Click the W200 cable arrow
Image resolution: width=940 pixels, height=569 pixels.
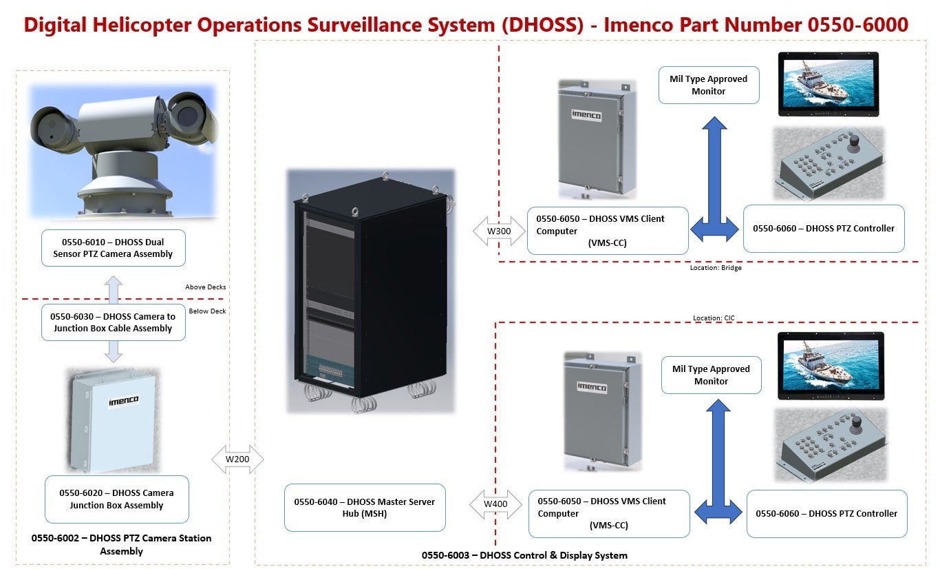coord(237,459)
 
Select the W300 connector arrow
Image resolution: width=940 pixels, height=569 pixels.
coord(499,231)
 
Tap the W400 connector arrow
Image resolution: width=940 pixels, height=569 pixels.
coord(495,504)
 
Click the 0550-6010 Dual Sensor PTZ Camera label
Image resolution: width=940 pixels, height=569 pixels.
coord(113,248)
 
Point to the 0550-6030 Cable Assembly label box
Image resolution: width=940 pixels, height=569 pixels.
coord(113,322)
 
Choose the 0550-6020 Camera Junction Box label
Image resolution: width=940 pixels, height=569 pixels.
coord(116,499)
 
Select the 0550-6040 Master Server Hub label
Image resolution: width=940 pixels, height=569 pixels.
coord(365,508)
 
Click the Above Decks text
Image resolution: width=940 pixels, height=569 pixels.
coord(205,287)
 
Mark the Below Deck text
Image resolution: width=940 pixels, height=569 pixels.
coord(207,311)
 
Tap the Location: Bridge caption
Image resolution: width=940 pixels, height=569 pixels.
coord(716,268)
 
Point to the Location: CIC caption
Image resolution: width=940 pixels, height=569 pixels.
coord(713,318)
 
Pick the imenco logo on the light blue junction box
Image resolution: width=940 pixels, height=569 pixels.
coord(124,401)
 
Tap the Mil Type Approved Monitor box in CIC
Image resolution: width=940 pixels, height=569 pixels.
coord(711,375)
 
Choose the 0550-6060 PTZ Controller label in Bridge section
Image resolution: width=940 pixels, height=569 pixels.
coord(824,229)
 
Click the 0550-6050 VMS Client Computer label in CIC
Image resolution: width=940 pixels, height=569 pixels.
coord(608,513)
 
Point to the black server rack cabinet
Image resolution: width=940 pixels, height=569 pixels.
coord(370,289)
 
